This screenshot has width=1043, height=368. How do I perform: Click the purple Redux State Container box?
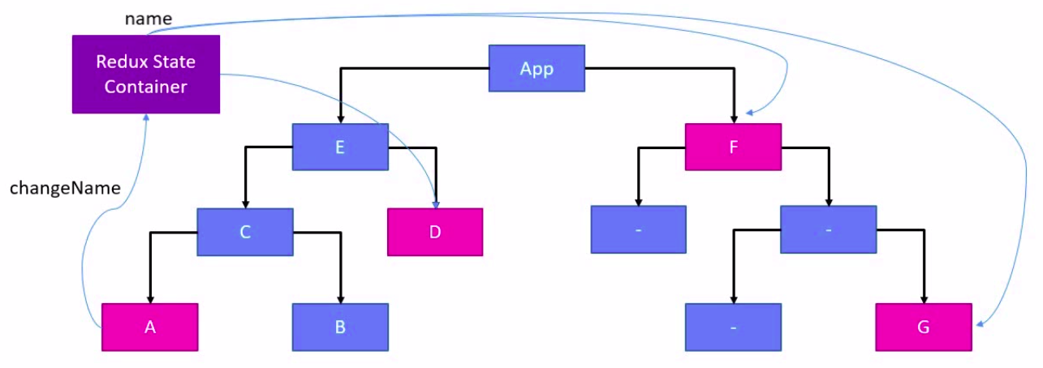146,74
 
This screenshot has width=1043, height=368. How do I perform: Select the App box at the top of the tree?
537,68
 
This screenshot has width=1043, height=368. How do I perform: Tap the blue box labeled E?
340,147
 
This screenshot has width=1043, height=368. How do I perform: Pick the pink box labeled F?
733,147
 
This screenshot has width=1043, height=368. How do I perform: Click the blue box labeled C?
244,232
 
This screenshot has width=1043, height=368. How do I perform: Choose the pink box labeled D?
435,232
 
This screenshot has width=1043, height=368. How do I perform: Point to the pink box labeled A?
149,327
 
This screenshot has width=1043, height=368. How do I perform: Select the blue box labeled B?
340,327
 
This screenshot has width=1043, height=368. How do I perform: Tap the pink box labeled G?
924,327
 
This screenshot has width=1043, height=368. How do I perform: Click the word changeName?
65,188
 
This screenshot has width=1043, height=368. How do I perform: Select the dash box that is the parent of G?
828,229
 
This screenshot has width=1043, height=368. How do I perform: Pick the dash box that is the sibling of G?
733,327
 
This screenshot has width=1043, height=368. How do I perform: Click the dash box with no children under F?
638,229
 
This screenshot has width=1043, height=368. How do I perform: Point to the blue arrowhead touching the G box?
978,325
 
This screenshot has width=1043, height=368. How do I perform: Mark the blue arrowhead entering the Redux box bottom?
146,118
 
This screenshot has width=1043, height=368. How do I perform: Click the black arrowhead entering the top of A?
149,298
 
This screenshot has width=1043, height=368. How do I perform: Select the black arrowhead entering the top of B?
340,298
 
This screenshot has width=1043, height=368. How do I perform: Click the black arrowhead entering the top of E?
340,118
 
